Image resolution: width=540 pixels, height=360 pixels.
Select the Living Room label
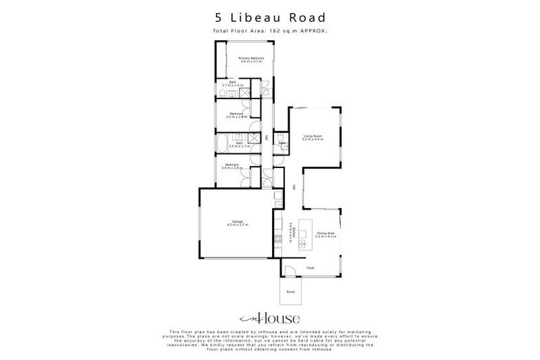tap(313, 137)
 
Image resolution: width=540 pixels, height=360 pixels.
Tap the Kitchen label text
tap(290, 230)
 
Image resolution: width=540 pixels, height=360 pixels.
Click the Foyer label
tap(310, 267)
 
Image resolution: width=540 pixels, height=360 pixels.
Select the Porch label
tap(290, 291)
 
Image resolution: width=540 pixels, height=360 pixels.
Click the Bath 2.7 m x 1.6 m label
tap(232, 84)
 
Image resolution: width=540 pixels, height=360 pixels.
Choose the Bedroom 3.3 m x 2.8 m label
tap(236, 115)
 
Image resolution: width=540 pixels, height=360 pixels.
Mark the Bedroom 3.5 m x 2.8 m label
tap(231, 167)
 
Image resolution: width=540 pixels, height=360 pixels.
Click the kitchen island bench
tap(303, 235)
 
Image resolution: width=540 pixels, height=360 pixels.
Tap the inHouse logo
tap(269, 319)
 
